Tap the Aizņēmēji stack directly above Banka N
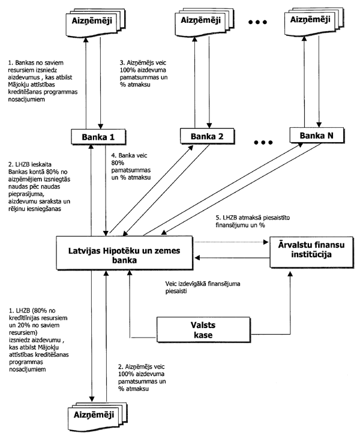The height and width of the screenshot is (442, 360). click(x=312, y=22)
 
